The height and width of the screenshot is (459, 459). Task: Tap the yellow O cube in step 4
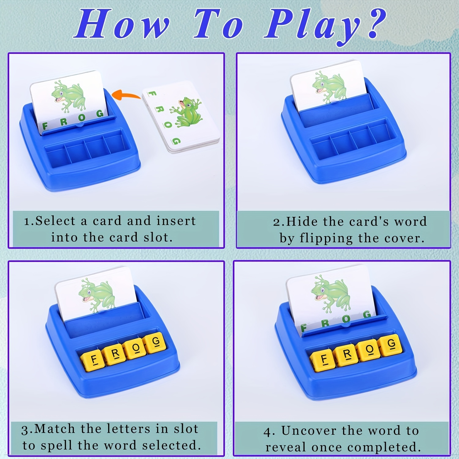369,349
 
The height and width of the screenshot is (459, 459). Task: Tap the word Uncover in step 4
309,431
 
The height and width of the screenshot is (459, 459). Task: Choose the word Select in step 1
55,221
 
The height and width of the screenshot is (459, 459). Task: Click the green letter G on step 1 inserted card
100,114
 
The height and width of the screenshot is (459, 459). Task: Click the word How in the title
122,24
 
